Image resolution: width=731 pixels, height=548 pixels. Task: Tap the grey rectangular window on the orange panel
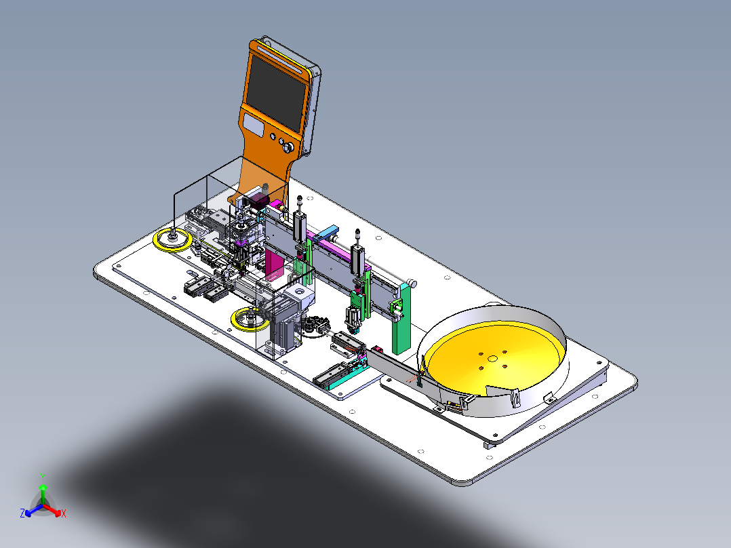pyautogui.click(x=253, y=124)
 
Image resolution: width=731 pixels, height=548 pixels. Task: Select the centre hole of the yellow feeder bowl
pyautogui.click(x=492, y=359)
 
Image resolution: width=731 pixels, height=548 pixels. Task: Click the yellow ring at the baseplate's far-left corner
pyautogui.click(x=172, y=241)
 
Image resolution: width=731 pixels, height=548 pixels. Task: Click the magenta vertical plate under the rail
pyautogui.click(x=274, y=264)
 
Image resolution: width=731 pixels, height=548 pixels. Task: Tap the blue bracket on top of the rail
pyautogui.click(x=326, y=233)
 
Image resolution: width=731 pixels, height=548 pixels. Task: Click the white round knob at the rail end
pyautogui.click(x=412, y=283)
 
